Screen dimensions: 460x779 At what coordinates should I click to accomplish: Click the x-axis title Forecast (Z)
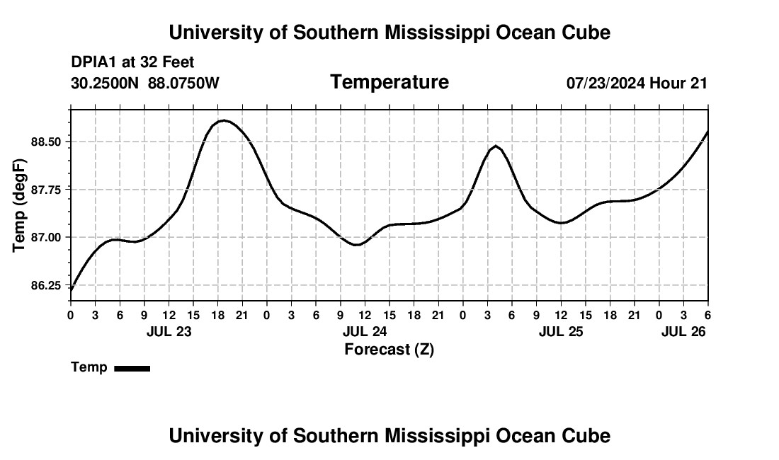[x=389, y=349]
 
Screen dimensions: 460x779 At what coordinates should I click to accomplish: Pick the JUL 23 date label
[x=169, y=331]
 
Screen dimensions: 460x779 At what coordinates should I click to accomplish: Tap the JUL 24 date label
[x=365, y=331]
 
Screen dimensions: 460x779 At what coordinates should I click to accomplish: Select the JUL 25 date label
[x=561, y=331]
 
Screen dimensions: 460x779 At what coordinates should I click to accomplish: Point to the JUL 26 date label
[x=683, y=331]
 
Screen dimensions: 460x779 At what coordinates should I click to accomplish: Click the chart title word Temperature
[x=389, y=83]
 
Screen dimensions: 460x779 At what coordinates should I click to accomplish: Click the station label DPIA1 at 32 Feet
[x=132, y=63]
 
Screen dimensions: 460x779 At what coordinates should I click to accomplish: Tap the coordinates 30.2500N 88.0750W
[x=145, y=84]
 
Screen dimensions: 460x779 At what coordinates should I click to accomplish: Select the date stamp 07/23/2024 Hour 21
[x=637, y=84]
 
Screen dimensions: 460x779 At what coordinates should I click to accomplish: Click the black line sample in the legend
[x=132, y=368]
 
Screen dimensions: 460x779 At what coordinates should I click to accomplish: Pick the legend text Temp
[x=89, y=367]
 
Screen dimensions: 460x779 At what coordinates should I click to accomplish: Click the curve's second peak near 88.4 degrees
[x=496, y=146]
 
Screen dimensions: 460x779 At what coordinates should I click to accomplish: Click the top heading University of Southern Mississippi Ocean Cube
[x=389, y=33]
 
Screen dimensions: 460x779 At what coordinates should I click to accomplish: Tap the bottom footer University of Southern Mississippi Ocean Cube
[x=389, y=436]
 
